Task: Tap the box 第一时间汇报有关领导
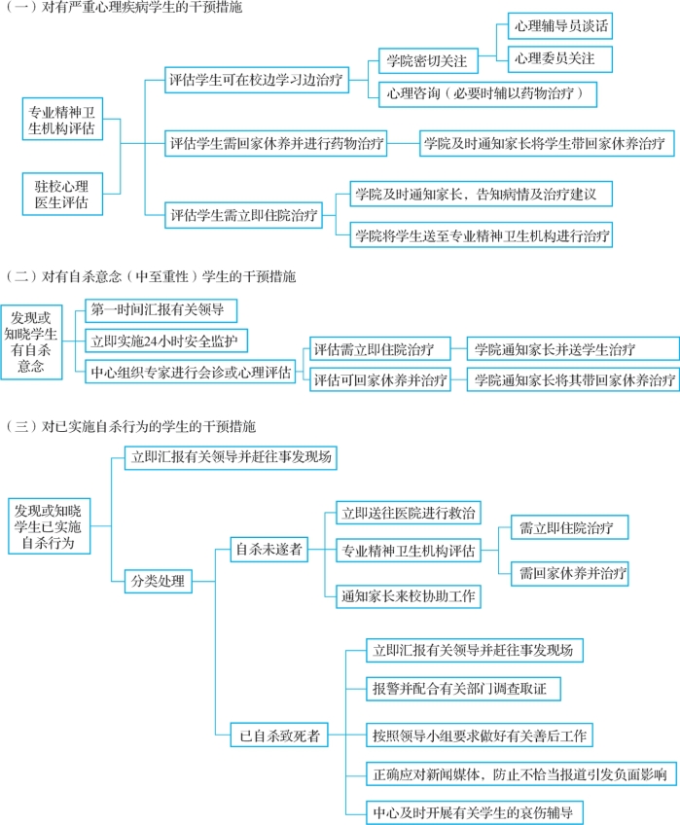[160, 310]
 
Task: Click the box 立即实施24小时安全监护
[167, 341]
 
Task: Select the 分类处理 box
[158, 582]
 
